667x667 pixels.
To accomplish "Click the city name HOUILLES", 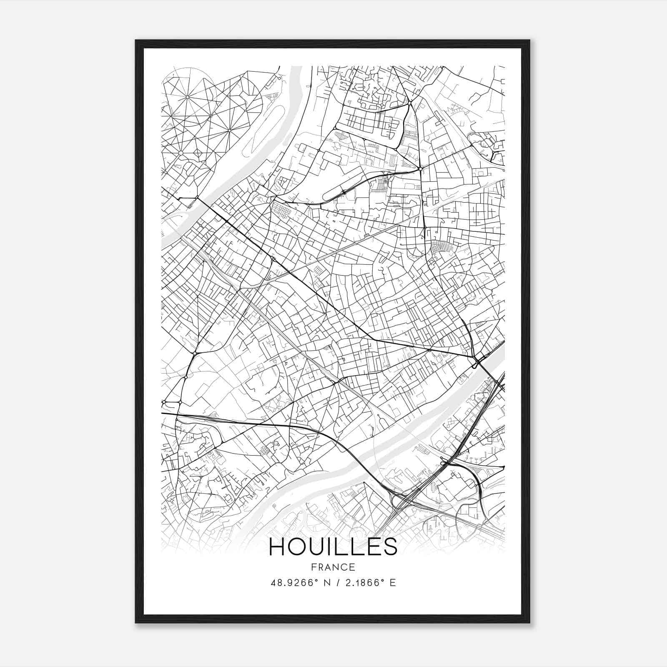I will pyautogui.click(x=333, y=547).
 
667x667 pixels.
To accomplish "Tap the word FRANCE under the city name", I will pyautogui.click(x=333, y=567).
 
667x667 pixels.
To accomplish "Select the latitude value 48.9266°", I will pyautogui.click(x=294, y=583).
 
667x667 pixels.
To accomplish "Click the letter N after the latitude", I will pyautogui.click(x=328, y=583).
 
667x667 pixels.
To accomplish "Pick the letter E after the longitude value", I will pyautogui.click(x=392, y=583).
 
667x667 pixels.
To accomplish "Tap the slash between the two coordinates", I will pyautogui.click(x=338, y=583).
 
